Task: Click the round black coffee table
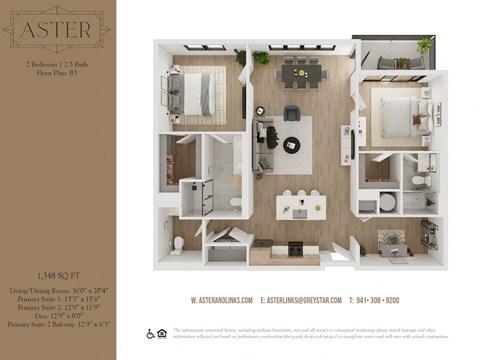[292, 143]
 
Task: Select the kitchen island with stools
[299, 205]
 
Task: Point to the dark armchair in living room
[292, 112]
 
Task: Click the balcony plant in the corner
[424, 45]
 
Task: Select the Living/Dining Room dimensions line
[57, 289]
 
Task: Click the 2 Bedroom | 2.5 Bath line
[57, 63]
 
